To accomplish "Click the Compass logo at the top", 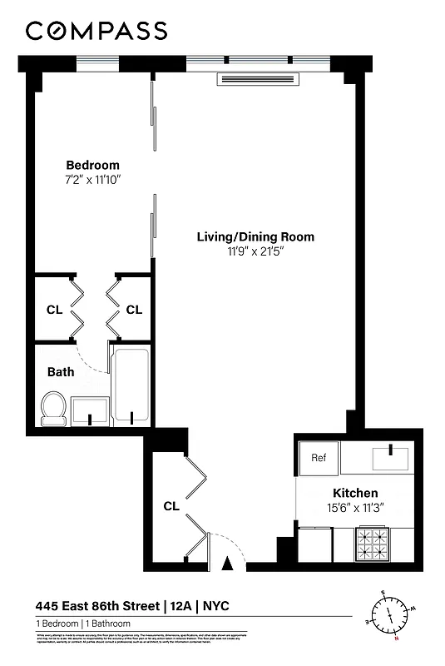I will click(96, 31).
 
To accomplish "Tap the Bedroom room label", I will click(92, 165).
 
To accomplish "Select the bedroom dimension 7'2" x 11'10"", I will click(92, 180).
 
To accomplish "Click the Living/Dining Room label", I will click(255, 236).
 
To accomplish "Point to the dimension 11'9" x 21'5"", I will click(255, 251).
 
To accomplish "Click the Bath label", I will click(60, 372).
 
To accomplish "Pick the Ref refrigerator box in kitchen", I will click(319, 457).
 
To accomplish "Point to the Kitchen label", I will click(355, 493).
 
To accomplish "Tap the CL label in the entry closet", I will click(171, 505).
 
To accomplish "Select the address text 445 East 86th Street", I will click(96, 605).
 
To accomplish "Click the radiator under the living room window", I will click(257, 79).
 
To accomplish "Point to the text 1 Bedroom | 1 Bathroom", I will click(79, 624).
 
